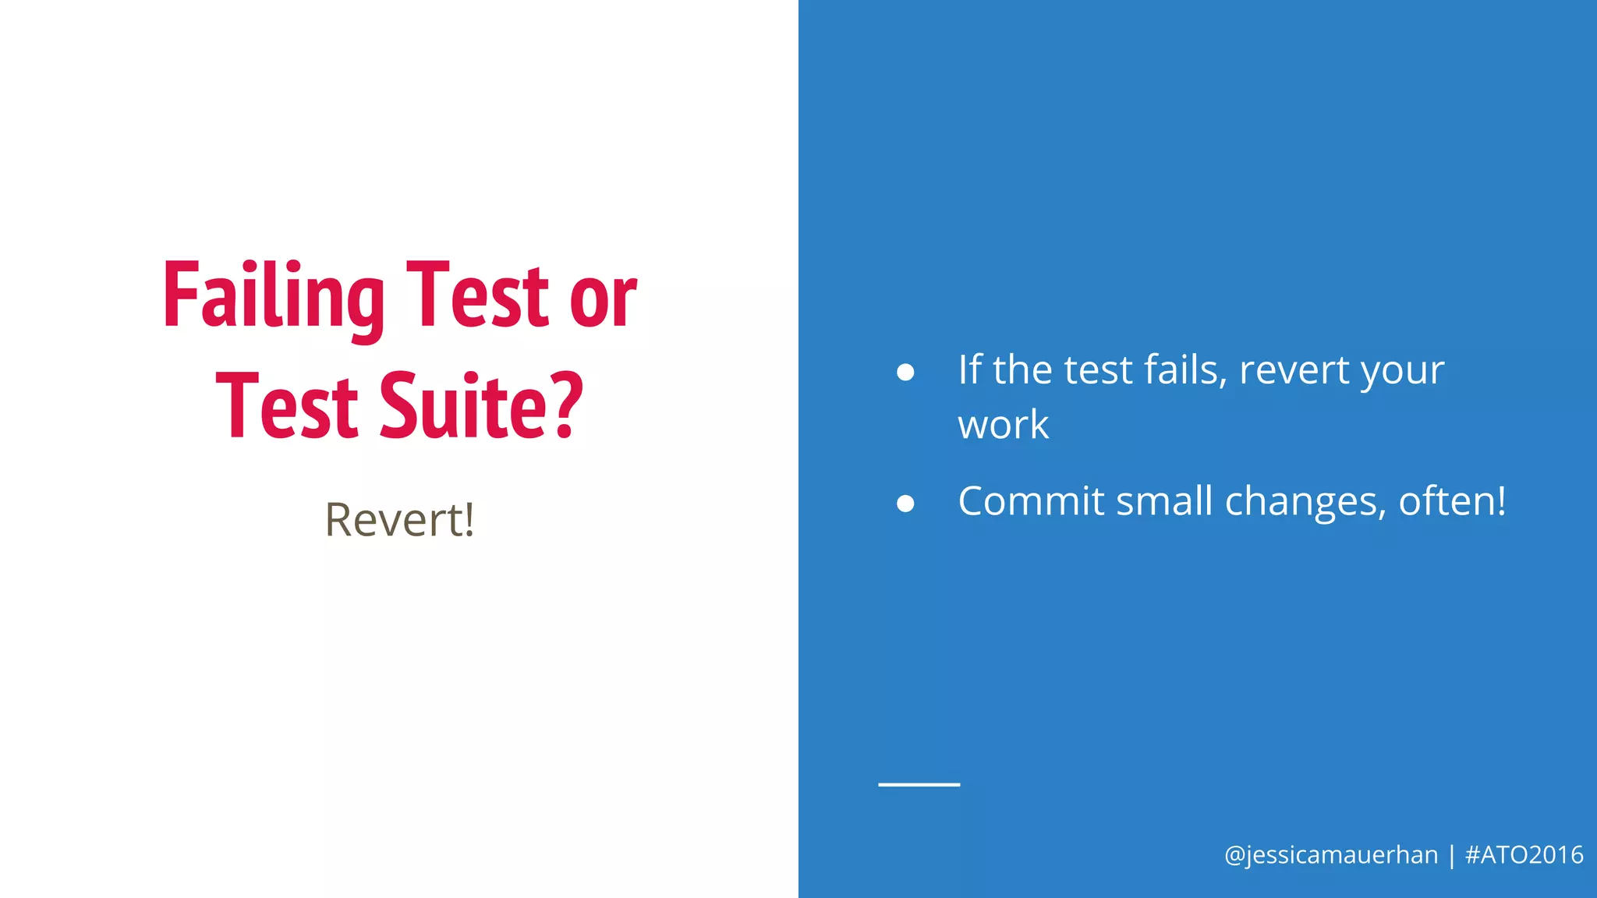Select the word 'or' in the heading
(x=603, y=299)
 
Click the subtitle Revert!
(x=399, y=520)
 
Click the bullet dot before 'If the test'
(x=905, y=372)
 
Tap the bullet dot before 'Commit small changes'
(x=905, y=504)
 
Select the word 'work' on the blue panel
(x=1003, y=425)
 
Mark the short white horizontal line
(x=919, y=784)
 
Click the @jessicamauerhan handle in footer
(x=1331, y=855)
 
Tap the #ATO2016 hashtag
(x=1524, y=855)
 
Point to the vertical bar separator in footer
(x=1452, y=856)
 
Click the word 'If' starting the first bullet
(x=969, y=369)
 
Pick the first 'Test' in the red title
(x=478, y=296)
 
